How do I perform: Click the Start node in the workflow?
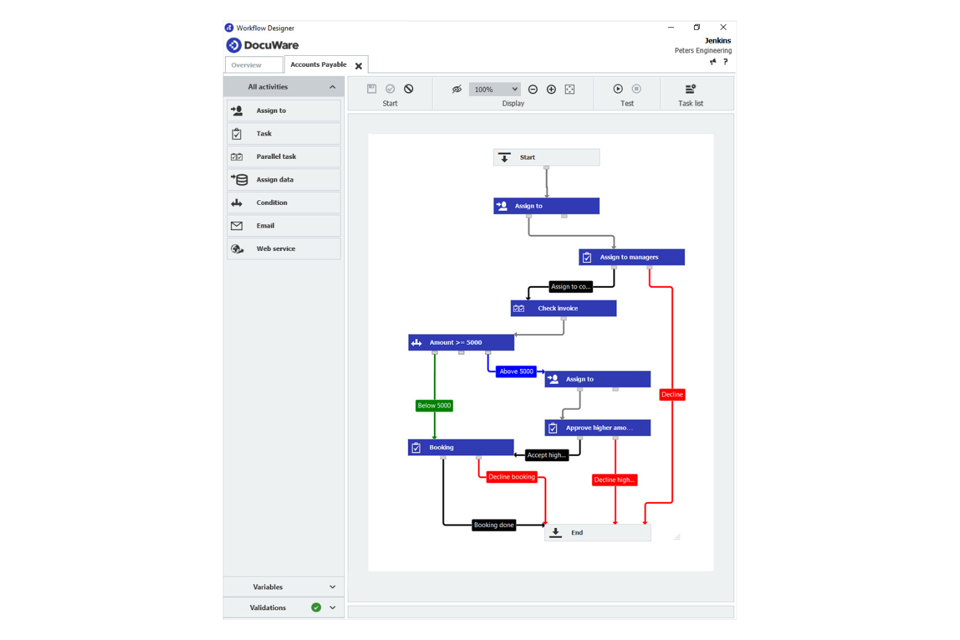(x=546, y=157)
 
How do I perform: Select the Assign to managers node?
(x=631, y=257)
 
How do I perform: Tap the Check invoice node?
(x=564, y=309)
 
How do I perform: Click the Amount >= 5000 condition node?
(x=461, y=342)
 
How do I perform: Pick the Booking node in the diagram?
(x=461, y=447)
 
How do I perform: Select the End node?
(x=597, y=532)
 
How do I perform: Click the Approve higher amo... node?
(x=597, y=427)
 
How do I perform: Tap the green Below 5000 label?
(x=434, y=406)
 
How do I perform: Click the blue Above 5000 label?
(x=516, y=372)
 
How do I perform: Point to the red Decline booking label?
(x=512, y=477)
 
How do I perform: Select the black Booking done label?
(x=494, y=525)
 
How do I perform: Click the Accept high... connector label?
(x=547, y=455)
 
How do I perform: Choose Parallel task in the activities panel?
(x=283, y=157)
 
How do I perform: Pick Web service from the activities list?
(x=283, y=249)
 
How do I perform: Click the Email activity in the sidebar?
(x=283, y=226)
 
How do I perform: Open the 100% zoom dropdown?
(x=494, y=89)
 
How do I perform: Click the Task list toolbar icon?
(x=690, y=89)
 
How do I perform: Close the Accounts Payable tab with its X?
(x=359, y=66)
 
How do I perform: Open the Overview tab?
(x=254, y=65)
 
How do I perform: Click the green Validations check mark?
(x=317, y=608)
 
